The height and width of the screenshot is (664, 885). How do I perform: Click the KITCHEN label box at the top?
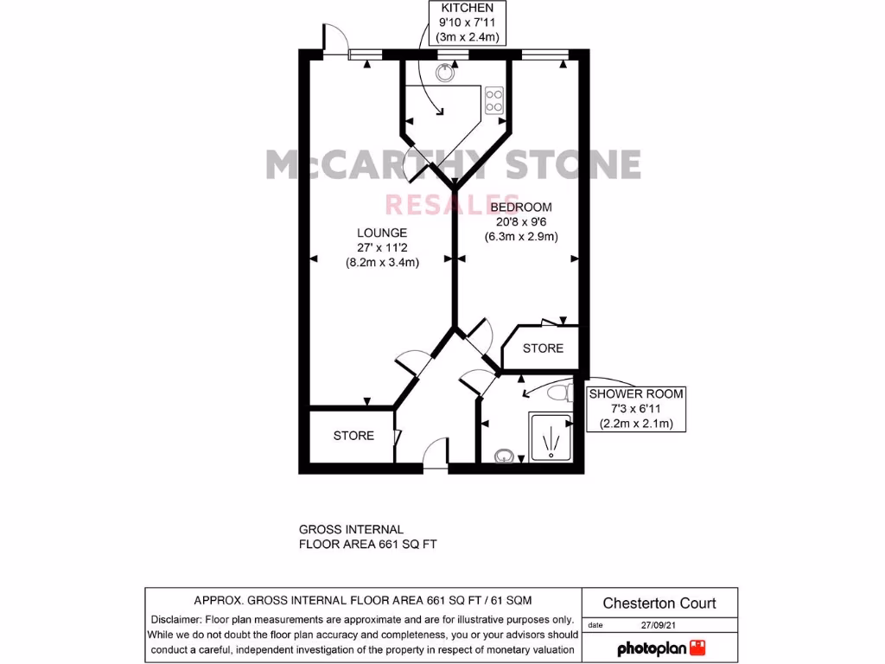coord(468,22)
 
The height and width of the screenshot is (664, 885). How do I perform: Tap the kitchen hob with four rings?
coord(494,99)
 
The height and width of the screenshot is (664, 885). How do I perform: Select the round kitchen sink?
coord(445,73)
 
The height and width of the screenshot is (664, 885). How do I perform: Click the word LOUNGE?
coord(382,233)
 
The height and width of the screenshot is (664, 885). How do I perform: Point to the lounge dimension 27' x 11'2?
coord(382,248)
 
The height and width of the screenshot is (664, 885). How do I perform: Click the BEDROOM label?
coord(520,207)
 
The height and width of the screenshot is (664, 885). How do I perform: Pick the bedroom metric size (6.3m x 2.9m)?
coord(520,237)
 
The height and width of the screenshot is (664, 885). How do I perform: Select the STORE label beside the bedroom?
coord(543,348)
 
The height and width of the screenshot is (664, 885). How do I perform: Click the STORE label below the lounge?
coord(353,436)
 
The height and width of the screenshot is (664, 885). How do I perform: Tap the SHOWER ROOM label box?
coord(636,409)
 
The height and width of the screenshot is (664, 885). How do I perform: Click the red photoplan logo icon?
coord(698,648)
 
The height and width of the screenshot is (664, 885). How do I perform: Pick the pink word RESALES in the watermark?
coord(452,204)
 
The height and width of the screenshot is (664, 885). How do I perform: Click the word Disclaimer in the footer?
coord(178,619)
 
